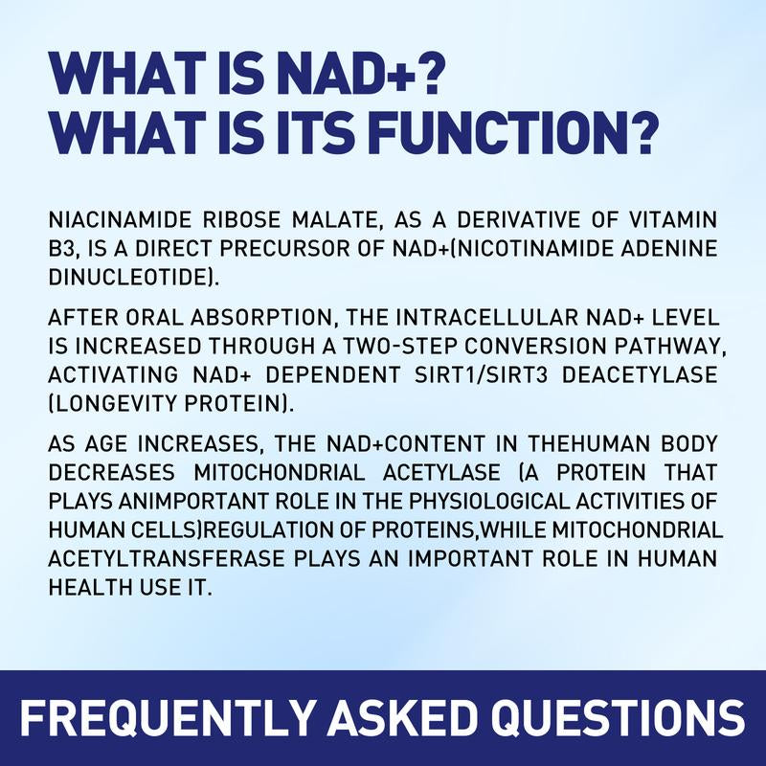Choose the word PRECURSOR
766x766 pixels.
[259, 247]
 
